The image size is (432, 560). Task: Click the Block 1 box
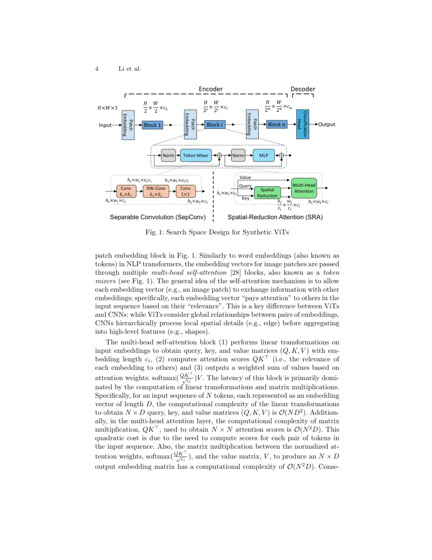[x=152, y=125]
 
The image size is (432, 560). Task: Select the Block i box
[x=215, y=125]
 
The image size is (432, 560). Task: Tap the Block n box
[x=277, y=124]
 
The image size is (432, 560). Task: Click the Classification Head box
[x=302, y=125]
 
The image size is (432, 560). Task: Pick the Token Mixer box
[x=196, y=155]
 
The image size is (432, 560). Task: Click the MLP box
[x=264, y=155]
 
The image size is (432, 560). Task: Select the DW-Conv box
[x=156, y=191]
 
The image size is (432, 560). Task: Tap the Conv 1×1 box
[x=185, y=191]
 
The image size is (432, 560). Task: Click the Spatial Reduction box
[x=267, y=193]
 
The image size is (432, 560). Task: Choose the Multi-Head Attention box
[x=304, y=188]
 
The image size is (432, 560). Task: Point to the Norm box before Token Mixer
[x=168, y=155]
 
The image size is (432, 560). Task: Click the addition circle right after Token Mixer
[x=219, y=155]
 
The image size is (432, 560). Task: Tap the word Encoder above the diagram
[x=211, y=89]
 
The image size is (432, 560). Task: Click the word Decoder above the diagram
[x=303, y=89]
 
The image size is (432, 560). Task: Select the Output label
[x=327, y=125]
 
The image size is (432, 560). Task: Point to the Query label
[x=245, y=186]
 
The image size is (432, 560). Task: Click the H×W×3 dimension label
[x=108, y=108]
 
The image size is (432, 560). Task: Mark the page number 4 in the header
[x=97, y=69]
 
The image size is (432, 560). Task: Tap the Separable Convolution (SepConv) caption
[x=158, y=217]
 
